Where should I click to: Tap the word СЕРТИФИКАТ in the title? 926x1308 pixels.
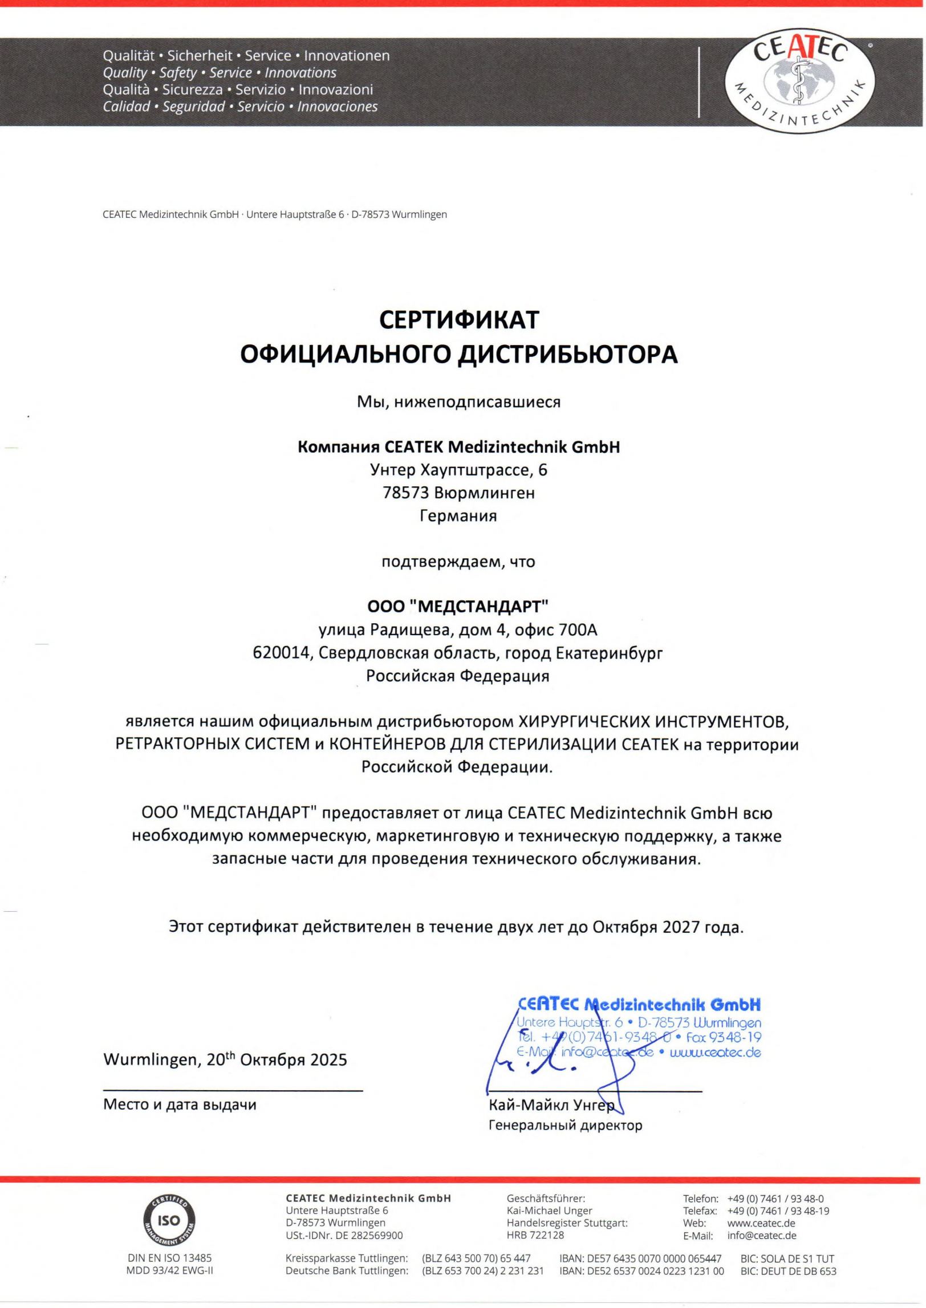459,320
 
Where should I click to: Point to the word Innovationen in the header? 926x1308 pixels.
347,56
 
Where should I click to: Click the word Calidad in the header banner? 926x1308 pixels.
127,107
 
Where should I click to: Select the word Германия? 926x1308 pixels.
458,516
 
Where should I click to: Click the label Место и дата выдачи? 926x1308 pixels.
180,1104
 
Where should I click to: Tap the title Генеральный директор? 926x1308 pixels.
566,1126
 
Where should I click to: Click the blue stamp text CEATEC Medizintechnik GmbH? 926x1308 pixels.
639,1004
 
